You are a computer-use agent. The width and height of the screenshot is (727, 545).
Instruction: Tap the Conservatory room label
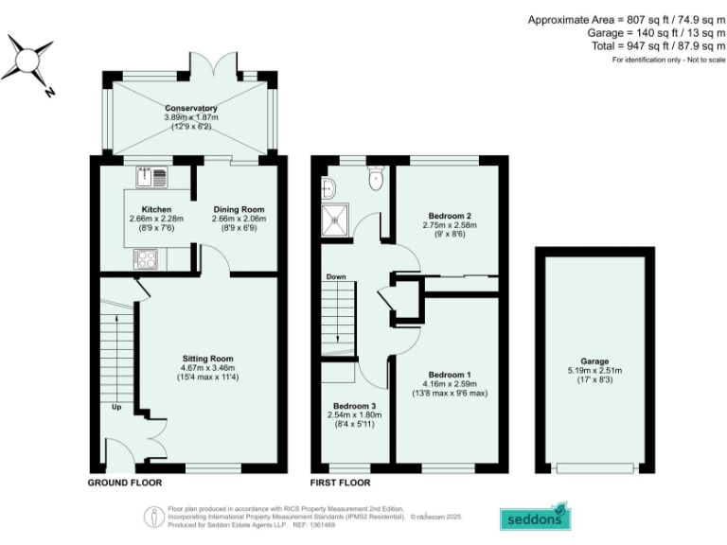(191, 109)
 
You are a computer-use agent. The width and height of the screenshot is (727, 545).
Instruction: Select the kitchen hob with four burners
(147, 257)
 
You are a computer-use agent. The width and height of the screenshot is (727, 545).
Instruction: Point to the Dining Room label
(239, 209)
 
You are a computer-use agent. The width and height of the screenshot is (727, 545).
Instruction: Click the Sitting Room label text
(208, 359)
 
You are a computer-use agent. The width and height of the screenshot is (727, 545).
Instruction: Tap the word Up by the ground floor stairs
(116, 408)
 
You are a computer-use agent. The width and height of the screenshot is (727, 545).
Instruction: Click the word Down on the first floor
(336, 277)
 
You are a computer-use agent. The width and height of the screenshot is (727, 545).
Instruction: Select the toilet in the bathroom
(376, 177)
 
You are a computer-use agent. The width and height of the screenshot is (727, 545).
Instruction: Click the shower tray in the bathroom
(334, 219)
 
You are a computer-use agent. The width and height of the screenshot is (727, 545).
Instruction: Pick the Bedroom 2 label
(445, 215)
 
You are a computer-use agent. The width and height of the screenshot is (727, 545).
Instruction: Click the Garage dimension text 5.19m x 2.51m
(594, 371)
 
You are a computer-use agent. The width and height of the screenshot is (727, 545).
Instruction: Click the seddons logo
(535, 518)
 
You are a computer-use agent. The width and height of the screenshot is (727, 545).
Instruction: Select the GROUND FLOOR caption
(125, 483)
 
